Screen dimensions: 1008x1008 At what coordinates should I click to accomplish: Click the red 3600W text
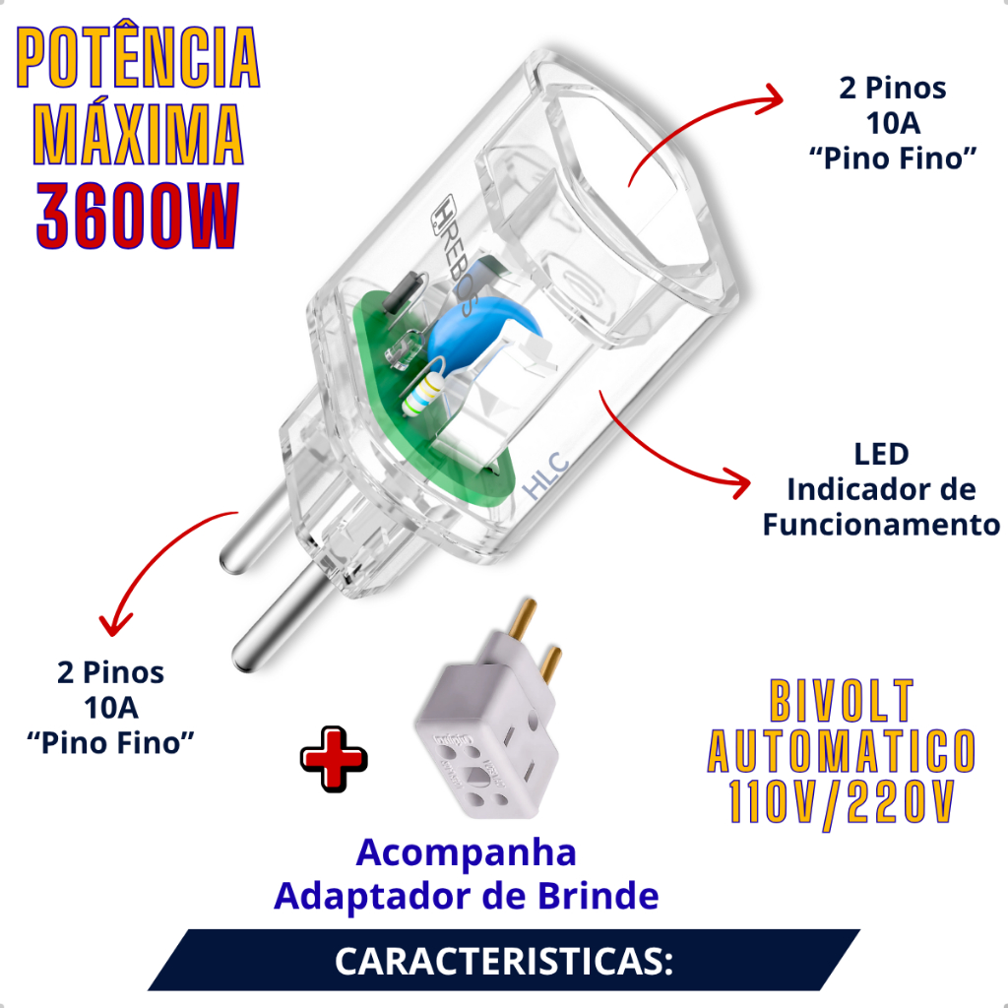click(x=138, y=216)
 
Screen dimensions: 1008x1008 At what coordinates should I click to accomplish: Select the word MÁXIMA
click(x=138, y=134)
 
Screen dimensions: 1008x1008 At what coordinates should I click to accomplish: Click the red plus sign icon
click(x=334, y=759)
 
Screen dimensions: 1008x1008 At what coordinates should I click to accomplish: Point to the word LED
click(x=881, y=454)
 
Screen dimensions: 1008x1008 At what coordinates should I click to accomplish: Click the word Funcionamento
click(x=881, y=525)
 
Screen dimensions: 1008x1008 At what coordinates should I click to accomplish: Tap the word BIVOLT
click(x=842, y=701)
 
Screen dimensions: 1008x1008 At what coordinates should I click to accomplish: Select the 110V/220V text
click(x=842, y=803)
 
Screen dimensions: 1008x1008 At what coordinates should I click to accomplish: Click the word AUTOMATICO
click(x=842, y=751)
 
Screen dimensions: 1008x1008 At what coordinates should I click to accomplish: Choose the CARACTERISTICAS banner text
click(x=504, y=962)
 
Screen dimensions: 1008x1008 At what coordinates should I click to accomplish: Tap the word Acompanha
click(x=466, y=852)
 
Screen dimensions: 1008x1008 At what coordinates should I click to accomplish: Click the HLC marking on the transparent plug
click(x=546, y=475)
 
